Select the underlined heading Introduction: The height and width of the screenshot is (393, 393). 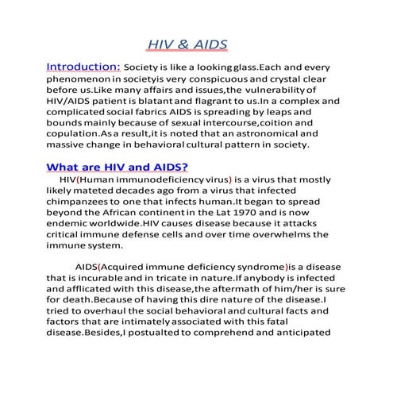[83, 67]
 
